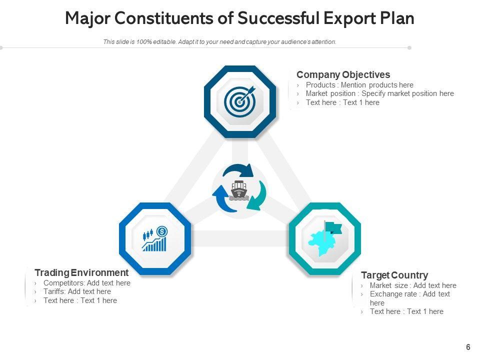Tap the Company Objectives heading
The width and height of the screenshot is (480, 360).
pyautogui.click(x=343, y=74)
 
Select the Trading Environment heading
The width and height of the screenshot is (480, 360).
pyautogui.click(x=81, y=272)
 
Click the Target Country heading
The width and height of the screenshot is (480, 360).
pyautogui.click(x=394, y=275)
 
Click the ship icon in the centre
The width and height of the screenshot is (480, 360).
pyautogui.click(x=239, y=191)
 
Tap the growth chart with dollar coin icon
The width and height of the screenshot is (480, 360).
pyautogui.click(x=155, y=239)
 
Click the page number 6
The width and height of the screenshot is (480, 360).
pyautogui.click(x=468, y=347)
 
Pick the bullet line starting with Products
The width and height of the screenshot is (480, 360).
pyautogui.click(x=359, y=85)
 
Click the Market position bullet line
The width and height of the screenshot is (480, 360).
pyautogui.click(x=379, y=93)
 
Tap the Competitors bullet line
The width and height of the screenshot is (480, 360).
pyautogui.click(x=86, y=283)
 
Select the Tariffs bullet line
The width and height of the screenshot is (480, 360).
pyautogui.click(x=77, y=291)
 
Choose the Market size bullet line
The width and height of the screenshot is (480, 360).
pyautogui.click(x=412, y=285)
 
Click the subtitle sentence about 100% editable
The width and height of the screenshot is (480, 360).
pyautogui.click(x=219, y=42)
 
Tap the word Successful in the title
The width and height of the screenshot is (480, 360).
pyautogui.click(x=277, y=18)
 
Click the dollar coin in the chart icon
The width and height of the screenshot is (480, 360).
pyautogui.click(x=162, y=231)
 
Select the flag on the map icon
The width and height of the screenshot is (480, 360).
pyautogui.click(x=333, y=228)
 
